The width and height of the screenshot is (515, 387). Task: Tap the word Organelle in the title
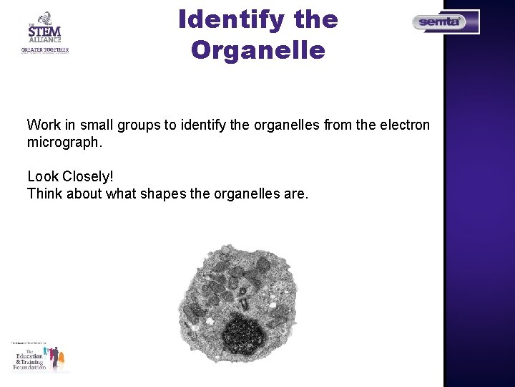pos(258,51)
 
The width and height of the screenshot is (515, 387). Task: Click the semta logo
pos(445,22)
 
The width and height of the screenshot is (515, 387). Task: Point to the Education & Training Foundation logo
pos(40,357)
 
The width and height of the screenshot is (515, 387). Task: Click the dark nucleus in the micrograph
pos(244,333)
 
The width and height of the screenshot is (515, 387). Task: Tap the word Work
pos(43,125)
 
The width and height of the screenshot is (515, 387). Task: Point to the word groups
pos(139,125)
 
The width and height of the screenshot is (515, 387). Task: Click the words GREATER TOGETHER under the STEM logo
pos(44,50)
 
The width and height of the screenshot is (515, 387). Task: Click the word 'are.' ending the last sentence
pos(294,193)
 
